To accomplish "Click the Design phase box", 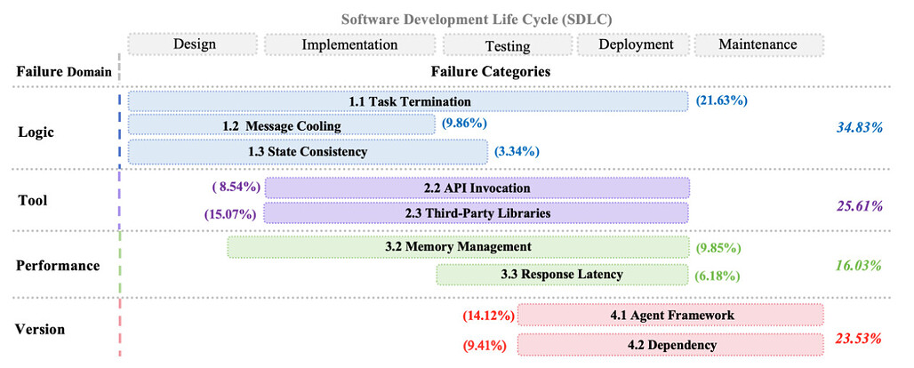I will [194, 44].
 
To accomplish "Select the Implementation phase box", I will [349, 44].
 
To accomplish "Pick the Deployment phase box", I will [635, 44].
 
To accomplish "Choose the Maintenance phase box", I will [758, 44].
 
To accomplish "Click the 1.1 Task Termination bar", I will [408, 101].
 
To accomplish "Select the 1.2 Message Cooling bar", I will [281, 126].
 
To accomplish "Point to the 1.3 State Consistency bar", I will [308, 151].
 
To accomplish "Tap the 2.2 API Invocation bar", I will [477, 188].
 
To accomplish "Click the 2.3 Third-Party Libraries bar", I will [477, 212].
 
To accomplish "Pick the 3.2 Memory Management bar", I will [458, 246].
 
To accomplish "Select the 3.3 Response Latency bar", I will [562, 275].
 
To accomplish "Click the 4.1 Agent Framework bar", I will [670, 316].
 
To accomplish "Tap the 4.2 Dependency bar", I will [670, 344].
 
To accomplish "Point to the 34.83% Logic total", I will [859, 127].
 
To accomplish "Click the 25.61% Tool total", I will [859, 206].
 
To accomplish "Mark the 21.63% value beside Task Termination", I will [721, 101].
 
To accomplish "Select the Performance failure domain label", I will [58, 265].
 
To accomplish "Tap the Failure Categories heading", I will [490, 71].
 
